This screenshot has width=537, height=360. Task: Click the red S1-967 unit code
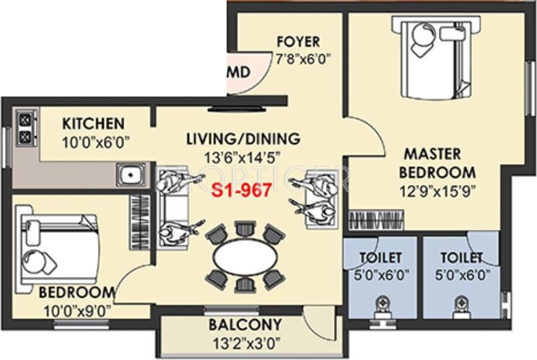pyautogui.click(x=241, y=190)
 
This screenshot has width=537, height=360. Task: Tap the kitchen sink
pyautogui.click(x=131, y=175)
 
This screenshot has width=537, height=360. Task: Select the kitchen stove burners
pyautogui.click(x=25, y=128)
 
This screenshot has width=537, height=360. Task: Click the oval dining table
pyautogui.click(x=245, y=257)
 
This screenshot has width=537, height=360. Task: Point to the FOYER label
pyautogui.click(x=298, y=42)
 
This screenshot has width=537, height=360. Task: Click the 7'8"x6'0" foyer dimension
pyautogui.click(x=303, y=59)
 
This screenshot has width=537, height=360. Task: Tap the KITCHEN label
pyautogui.click(x=93, y=123)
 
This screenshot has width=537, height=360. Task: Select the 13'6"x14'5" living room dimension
pyautogui.click(x=243, y=158)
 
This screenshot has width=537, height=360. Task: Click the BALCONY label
pyautogui.click(x=245, y=324)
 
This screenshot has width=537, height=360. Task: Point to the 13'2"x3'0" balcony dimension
pyautogui.click(x=246, y=342)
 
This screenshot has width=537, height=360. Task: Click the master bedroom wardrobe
pyautogui.click(x=376, y=220)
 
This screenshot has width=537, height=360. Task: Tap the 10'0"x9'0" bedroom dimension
pyautogui.click(x=78, y=312)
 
